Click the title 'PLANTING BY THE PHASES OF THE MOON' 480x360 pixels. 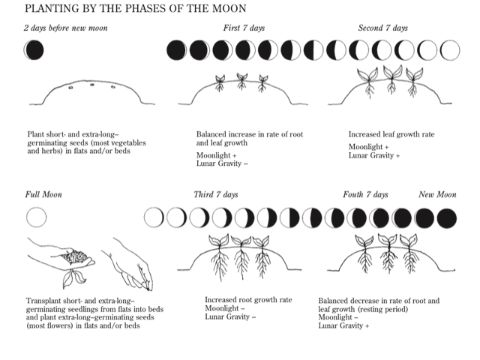pos(135,8)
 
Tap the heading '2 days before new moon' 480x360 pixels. pos(65,28)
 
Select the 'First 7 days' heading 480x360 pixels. pos(244,28)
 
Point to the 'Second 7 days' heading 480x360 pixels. pos(383,28)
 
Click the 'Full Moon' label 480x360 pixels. pos(43,195)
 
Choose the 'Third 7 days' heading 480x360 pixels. pos(216,195)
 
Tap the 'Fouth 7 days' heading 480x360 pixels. pos(365,195)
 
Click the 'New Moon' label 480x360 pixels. pos(437,195)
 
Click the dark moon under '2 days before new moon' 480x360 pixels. pos(34,50)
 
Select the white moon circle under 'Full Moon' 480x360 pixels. pos(37,217)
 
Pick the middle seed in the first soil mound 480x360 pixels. pos(92,85)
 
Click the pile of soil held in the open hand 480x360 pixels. pos(75,256)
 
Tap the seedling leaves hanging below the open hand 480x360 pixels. pos(73,278)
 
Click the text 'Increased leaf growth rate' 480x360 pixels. pos(391,134)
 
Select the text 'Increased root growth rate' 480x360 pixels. pos(248,300)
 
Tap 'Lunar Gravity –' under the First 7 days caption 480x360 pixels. pos(222,163)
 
